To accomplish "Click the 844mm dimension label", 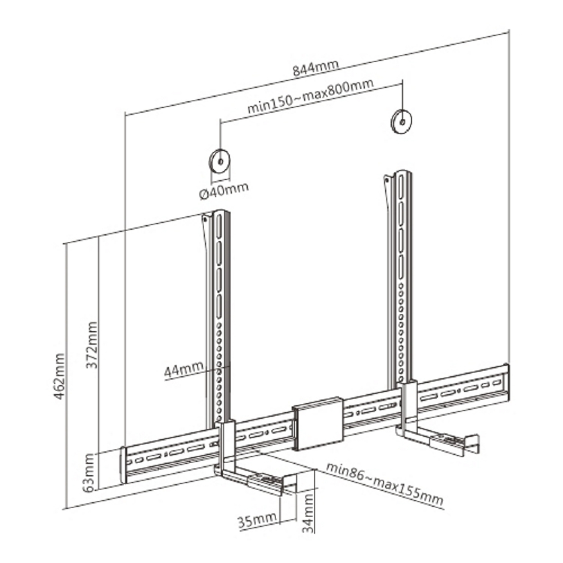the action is click(x=316, y=68).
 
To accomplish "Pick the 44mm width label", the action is click(x=184, y=370).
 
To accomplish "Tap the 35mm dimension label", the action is click(x=257, y=520).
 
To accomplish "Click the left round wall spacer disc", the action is click(x=220, y=162).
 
